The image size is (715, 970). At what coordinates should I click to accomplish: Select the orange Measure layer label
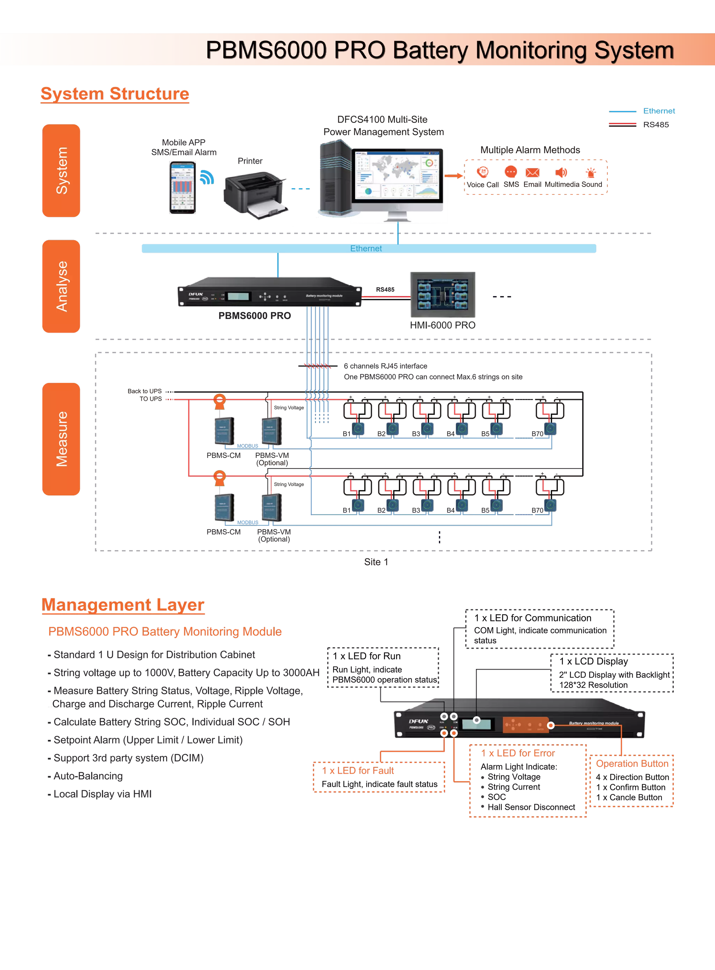[x=61, y=439]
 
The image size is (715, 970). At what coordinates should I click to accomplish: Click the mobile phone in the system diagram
[x=183, y=187]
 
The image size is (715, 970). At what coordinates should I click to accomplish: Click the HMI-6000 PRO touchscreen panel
[x=443, y=295]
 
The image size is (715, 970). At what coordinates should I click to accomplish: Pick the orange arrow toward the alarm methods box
[x=454, y=176]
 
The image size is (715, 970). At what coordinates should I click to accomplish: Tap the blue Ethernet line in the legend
[x=622, y=111]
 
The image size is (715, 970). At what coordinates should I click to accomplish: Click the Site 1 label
[x=376, y=562]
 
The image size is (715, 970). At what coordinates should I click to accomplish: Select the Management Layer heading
[x=123, y=605]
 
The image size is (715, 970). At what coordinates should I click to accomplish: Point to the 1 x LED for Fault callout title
[x=357, y=771]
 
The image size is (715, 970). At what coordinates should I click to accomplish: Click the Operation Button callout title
[x=632, y=764]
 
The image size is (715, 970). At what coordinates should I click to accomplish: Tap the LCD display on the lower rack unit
[x=476, y=724]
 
